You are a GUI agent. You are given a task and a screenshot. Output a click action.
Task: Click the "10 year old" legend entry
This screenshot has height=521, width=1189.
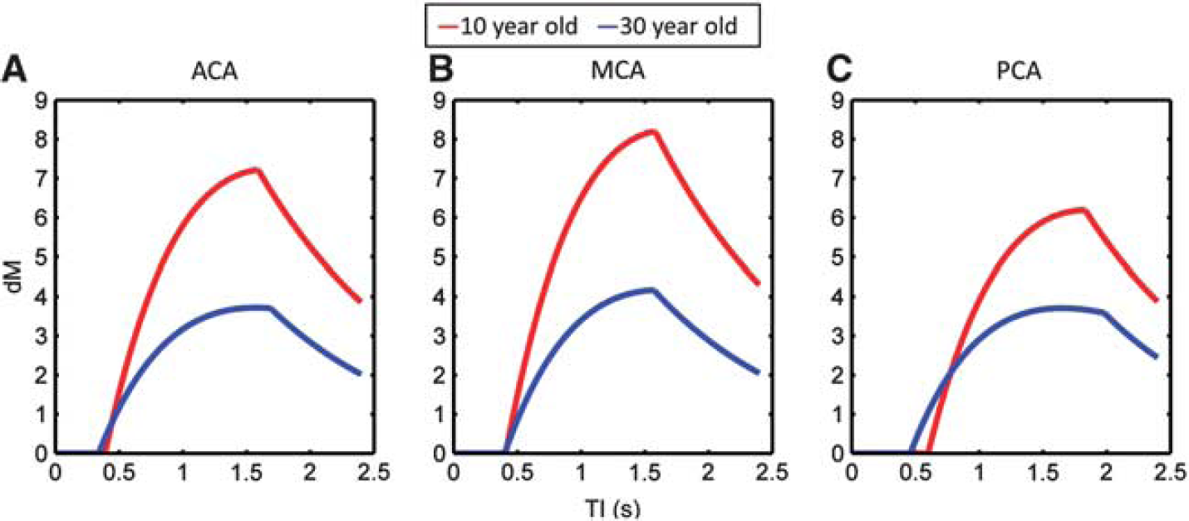[508, 26]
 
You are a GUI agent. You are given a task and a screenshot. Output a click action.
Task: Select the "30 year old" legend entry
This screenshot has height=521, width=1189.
[671, 26]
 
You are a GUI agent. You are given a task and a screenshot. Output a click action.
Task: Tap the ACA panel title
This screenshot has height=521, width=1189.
[214, 71]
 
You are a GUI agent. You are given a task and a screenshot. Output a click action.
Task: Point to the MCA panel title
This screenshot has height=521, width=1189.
[618, 71]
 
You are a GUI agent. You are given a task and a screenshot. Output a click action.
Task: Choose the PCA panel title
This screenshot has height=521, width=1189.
[1019, 71]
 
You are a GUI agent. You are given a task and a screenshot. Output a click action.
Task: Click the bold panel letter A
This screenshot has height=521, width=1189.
[14, 70]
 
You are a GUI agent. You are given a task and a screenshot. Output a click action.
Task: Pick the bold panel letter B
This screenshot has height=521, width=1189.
[440, 70]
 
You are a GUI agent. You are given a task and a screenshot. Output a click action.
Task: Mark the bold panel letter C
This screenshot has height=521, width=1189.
[839, 70]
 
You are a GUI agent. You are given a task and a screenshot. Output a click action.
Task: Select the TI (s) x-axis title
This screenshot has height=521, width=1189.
[613, 509]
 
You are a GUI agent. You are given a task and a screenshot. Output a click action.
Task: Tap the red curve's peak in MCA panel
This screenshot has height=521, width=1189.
[654, 132]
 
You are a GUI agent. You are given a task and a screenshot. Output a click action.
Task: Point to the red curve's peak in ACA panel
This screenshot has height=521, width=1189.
[257, 170]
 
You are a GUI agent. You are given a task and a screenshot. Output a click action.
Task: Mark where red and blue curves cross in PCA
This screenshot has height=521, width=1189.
[951, 369]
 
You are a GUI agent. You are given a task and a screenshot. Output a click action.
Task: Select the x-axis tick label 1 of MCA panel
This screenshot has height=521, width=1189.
[581, 472]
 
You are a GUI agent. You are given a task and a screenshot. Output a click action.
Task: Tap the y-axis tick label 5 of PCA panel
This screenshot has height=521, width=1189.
[838, 257]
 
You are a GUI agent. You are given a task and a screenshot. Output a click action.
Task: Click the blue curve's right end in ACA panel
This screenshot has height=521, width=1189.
[359, 373]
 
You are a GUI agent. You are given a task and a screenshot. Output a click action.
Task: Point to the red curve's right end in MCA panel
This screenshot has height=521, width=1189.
[758, 283]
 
